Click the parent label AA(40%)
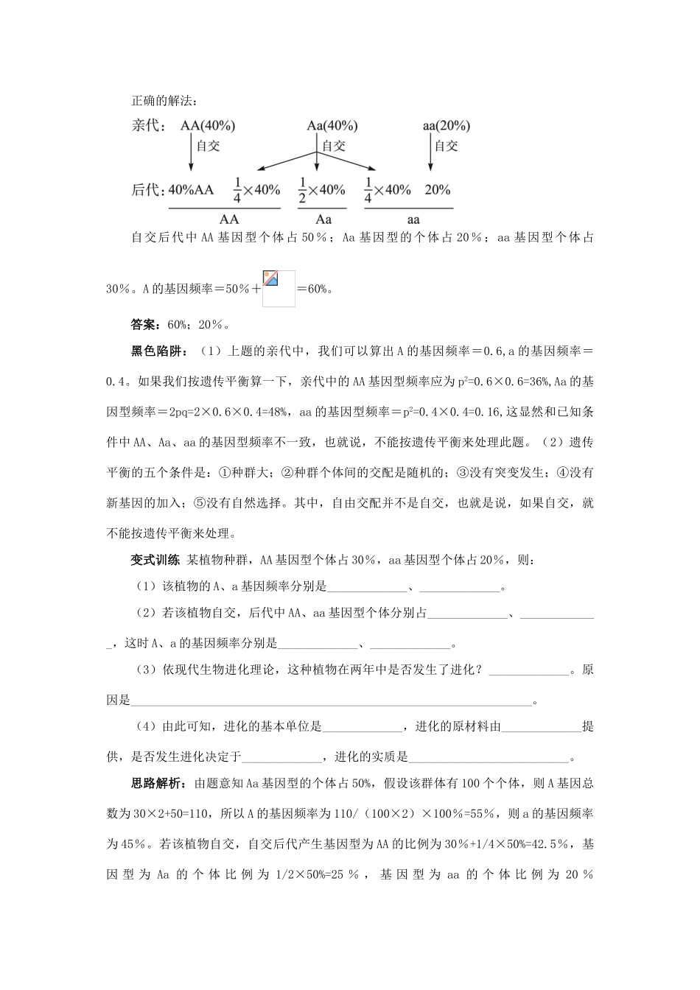coord(209,126)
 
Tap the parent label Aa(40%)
coord(332,126)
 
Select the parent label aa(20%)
coord(446,126)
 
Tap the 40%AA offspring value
coord(191,190)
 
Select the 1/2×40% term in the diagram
coord(321,190)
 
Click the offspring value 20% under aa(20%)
coord(437,190)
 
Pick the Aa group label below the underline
coord(323,219)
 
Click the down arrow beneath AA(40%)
coord(191,156)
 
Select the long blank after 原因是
coord(331,701)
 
